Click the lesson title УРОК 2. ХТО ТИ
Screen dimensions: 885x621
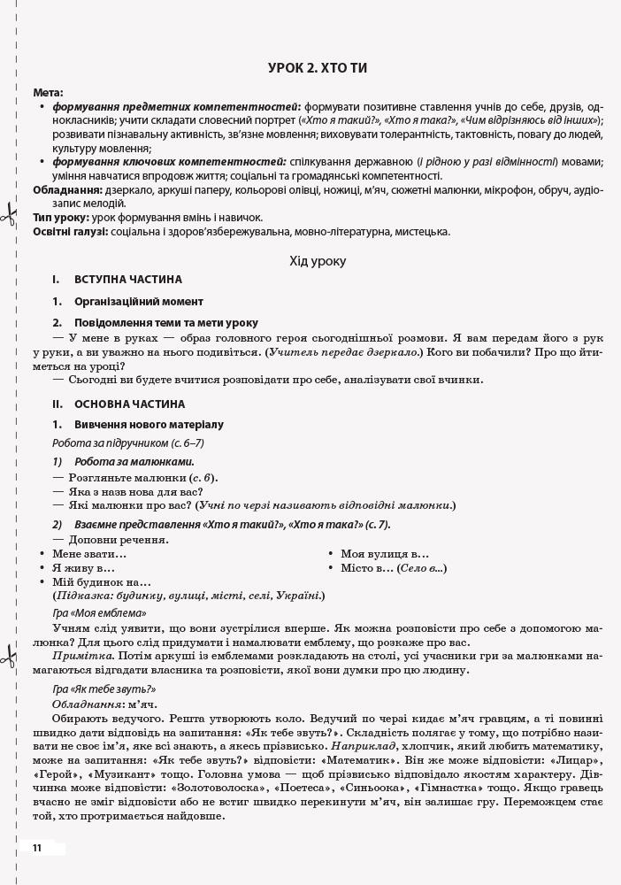(x=318, y=68)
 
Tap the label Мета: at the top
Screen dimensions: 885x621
(x=48, y=93)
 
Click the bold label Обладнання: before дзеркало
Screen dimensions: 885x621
(x=67, y=190)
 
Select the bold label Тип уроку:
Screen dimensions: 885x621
(x=61, y=217)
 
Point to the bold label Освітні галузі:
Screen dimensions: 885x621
(x=71, y=232)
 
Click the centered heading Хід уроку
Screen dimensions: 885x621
(x=318, y=261)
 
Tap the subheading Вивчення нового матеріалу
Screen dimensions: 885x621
(x=149, y=425)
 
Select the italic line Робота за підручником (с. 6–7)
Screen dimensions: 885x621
(x=128, y=443)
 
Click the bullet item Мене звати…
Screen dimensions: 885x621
(x=89, y=553)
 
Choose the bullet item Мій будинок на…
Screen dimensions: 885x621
(x=102, y=582)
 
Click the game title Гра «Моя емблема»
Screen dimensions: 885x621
(x=99, y=612)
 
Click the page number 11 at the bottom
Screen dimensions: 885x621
(x=36, y=848)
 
